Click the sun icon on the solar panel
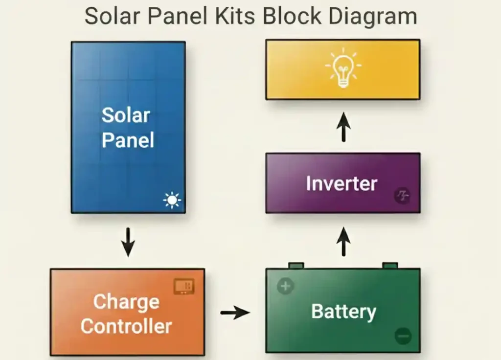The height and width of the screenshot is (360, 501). click(172, 200)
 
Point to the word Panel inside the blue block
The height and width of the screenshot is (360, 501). click(128, 140)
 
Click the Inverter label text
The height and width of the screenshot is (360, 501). click(342, 184)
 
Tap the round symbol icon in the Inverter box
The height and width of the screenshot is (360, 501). click(402, 197)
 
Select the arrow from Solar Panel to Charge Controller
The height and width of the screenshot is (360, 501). click(128, 241)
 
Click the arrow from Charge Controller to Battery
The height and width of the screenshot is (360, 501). click(235, 312)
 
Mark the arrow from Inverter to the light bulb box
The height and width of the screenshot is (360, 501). click(343, 126)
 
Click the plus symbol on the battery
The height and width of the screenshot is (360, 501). click(285, 286)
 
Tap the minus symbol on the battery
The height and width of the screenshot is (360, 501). click(403, 336)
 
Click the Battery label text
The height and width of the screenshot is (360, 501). click(343, 312)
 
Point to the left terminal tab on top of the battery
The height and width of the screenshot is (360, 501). click(296, 265)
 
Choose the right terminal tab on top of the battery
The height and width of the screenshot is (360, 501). click(390, 265)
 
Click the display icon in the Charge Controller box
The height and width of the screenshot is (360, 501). click(184, 287)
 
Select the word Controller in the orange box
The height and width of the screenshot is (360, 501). click(126, 326)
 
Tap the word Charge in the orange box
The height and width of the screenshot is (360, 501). click(126, 301)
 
